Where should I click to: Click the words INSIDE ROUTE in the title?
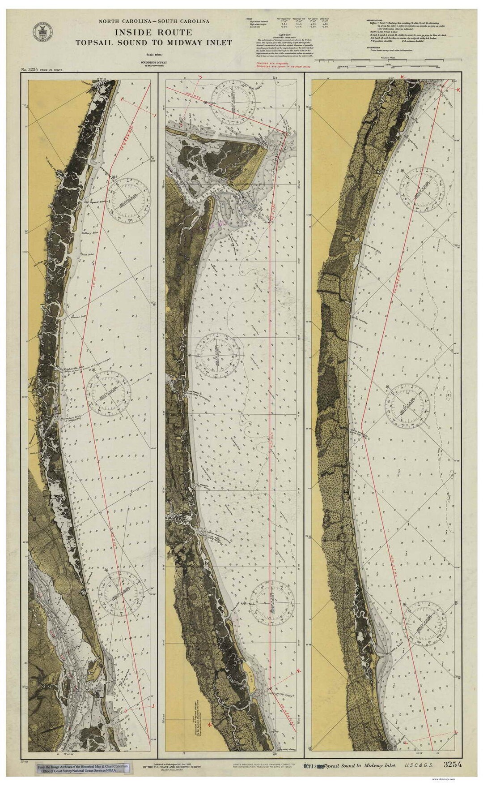pyautogui.click(x=153, y=33)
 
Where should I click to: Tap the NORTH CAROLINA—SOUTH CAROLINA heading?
pyautogui.click(x=154, y=21)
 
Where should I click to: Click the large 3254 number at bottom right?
pyautogui.click(x=453, y=765)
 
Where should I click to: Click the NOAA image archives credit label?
pyautogui.click(x=83, y=769)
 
